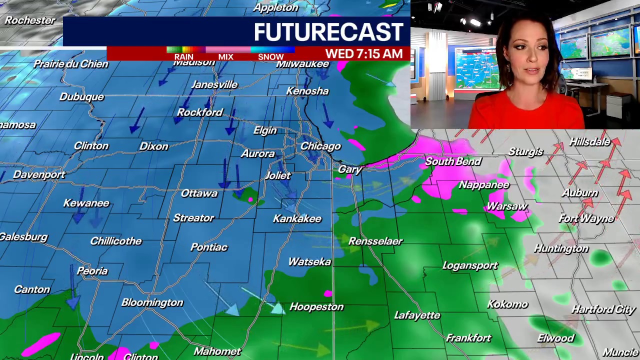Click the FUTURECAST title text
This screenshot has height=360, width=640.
pyautogui.click(x=328, y=32)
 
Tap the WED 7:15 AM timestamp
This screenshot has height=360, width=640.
pyautogui.click(x=363, y=54)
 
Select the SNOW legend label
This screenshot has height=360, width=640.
pyautogui.click(x=270, y=57)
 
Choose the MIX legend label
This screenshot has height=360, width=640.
pyautogui.click(x=225, y=57)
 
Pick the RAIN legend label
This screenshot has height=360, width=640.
pyautogui.click(x=183, y=57)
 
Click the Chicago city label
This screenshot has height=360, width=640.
pyautogui.click(x=320, y=146)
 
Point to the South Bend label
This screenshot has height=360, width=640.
pyautogui.click(x=453, y=161)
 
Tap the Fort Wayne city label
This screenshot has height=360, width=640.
pyautogui.click(x=586, y=218)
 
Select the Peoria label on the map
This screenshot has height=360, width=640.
pyautogui.click(x=92, y=271)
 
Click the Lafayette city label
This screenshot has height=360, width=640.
pyautogui.click(x=417, y=315)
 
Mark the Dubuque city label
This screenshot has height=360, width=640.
pyautogui.click(x=81, y=97)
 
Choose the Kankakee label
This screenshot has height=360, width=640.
pyautogui.click(x=297, y=219)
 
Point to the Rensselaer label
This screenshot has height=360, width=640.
pyautogui.click(x=375, y=241)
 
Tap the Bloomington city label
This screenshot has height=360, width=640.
pyautogui.click(x=152, y=302)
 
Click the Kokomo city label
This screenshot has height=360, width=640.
pyautogui.click(x=507, y=304)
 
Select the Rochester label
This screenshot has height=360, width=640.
pyautogui.click(x=30, y=20)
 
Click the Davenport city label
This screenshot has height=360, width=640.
pyautogui.click(x=39, y=175)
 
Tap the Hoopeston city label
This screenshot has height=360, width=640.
pyautogui.click(x=316, y=307)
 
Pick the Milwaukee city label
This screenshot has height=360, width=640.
pyautogui.click(x=302, y=64)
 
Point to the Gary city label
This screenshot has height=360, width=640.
pyautogui.click(x=349, y=169)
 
